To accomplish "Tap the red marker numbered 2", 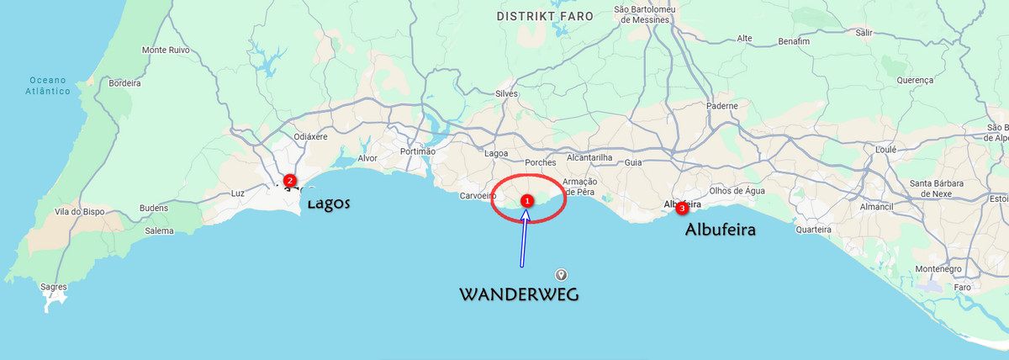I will coord(289,180).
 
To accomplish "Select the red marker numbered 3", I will coord(681,208).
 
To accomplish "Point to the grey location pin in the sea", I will coord(561,274).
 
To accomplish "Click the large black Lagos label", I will coord(328,204).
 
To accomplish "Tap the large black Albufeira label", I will coord(721,229).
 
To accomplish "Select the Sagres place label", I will coord(54,287).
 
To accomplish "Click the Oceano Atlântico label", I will coord(48,86).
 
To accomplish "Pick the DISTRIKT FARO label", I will coord(545,17).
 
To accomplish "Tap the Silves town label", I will coord(507,93).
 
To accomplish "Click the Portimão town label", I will coord(418,151).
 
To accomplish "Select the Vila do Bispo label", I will coord(79,212).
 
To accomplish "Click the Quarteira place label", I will coord(813,229).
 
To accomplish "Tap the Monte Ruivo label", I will coord(166,50).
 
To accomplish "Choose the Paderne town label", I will coord(722,106).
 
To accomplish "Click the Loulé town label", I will coord(886,149).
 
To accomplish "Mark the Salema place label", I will coord(159,230).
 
